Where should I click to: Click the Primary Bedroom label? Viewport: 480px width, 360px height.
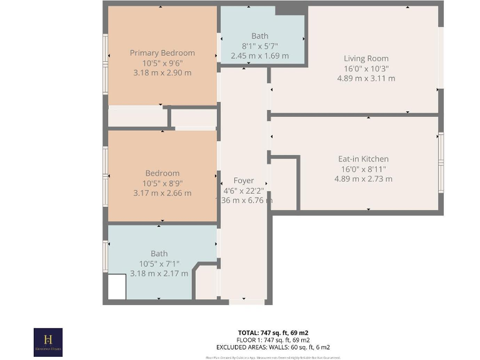pos(162,53)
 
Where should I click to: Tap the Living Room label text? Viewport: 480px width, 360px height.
pos(366,59)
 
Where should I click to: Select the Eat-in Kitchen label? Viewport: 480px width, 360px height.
pos(363,159)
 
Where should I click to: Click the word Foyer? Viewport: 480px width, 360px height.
pos(244,181)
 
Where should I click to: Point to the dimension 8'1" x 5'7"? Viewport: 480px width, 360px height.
pos(259,46)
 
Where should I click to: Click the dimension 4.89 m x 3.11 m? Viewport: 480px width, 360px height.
pos(366,79)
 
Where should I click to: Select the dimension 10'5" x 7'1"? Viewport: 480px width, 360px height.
pos(159,264)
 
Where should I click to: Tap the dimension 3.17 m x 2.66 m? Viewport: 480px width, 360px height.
pos(162,193)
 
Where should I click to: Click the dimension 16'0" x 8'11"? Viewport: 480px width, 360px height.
pos(363,169)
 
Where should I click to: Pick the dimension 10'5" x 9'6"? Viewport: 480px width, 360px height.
pos(162,63)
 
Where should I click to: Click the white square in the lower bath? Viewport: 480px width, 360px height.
pos(117,287)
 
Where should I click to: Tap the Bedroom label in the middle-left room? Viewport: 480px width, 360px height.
pos(162,173)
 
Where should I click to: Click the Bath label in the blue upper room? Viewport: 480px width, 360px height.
pos(259,36)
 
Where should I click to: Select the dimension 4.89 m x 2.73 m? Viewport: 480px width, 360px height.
pos(363,179)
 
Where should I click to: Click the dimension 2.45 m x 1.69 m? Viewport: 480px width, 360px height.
pos(259,56)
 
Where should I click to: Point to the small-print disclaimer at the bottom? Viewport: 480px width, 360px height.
pos(273,357)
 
